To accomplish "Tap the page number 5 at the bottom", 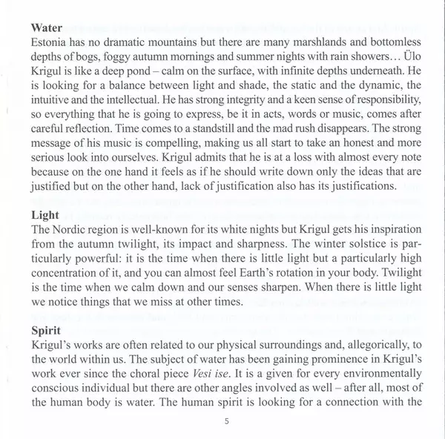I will pos(225,420).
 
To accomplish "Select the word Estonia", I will pos(53,43).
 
